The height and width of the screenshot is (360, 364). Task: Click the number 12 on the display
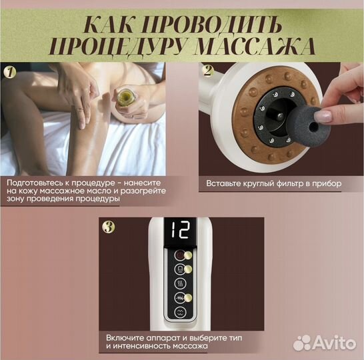(182, 231)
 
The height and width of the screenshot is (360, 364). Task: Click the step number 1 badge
(9, 71)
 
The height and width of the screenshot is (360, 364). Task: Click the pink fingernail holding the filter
(325, 117)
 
